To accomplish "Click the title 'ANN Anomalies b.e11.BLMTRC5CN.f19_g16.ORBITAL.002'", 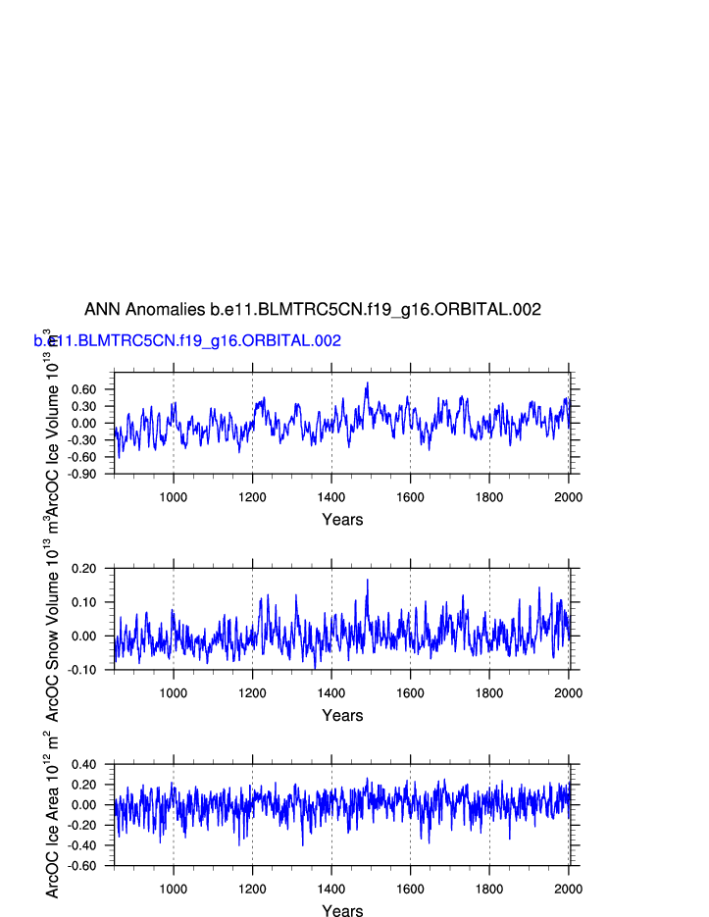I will pyautogui.click(x=312, y=310).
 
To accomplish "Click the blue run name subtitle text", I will pyautogui.click(x=187, y=341).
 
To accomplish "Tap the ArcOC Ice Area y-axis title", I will pyautogui.click(x=53, y=814).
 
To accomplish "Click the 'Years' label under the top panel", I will pyautogui.click(x=342, y=520).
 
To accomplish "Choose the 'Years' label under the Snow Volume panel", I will pyautogui.click(x=342, y=716).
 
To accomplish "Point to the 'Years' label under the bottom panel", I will pyautogui.click(x=342, y=911).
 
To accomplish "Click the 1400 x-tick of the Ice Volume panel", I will pyautogui.click(x=331, y=497).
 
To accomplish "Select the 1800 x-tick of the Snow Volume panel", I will pyautogui.click(x=489, y=693).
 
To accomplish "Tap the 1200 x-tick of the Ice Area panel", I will pyautogui.click(x=252, y=890).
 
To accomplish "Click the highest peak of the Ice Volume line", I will pyautogui.click(x=368, y=383).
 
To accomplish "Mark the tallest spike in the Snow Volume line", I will pyautogui.click(x=368, y=580).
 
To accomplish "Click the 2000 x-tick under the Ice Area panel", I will pyautogui.click(x=568, y=890).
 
